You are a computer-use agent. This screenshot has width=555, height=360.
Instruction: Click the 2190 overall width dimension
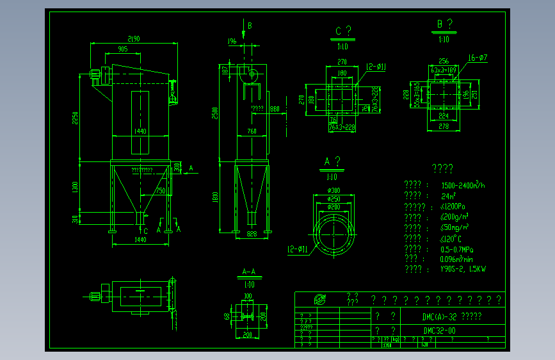tap(134, 39)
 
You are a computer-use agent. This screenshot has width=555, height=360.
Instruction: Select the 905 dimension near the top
tap(122, 49)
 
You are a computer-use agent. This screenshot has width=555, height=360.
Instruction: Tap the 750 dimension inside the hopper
tap(160, 191)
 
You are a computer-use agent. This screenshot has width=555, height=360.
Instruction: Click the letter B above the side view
tap(250, 26)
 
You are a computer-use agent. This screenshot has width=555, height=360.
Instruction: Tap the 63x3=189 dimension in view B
tap(443, 69)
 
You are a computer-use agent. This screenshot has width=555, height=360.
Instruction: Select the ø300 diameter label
tap(333, 190)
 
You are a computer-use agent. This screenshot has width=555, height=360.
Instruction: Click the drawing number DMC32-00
tap(440, 331)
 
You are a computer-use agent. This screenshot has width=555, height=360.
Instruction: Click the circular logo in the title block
tap(318, 299)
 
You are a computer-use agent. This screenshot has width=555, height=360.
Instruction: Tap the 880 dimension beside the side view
tap(275, 108)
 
